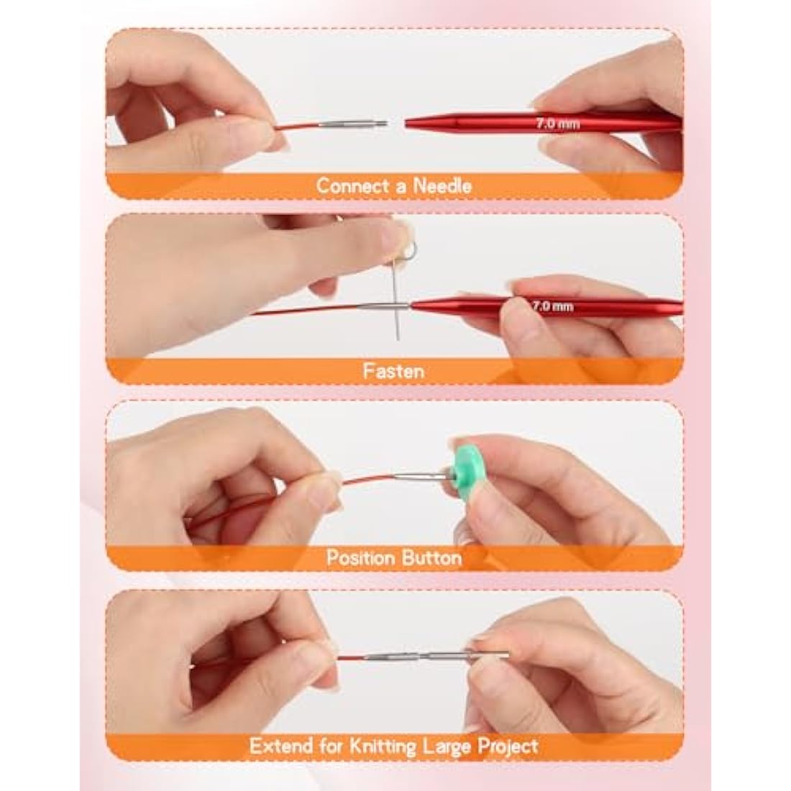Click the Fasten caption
coord(393,371)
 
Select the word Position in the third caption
coord(360,557)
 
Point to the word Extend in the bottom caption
coord(278,745)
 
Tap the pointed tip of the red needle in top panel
coord(408,123)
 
